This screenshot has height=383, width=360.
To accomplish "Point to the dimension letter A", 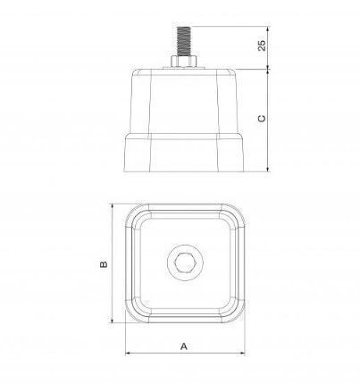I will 184,345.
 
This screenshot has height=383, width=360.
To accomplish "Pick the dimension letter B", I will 104,264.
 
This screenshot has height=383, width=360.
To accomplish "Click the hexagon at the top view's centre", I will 184,264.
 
